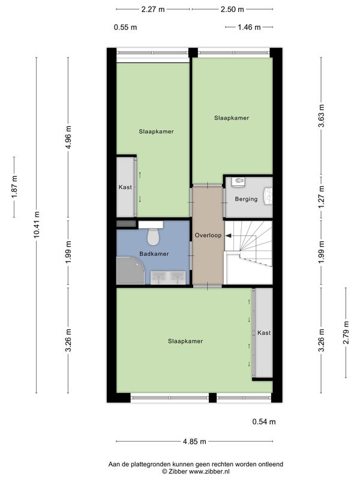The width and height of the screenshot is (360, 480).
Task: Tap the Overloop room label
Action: tap(208, 235)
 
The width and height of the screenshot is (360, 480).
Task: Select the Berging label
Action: tap(246, 199)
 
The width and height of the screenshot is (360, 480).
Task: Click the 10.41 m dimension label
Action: tap(37, 224)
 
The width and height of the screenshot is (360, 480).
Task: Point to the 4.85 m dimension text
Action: tap(194, 442)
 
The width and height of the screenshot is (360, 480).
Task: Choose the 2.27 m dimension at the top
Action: tap(153, 10)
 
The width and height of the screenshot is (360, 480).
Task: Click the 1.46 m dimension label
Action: tap(249, 27)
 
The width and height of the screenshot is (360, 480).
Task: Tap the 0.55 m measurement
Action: tap(125, 27)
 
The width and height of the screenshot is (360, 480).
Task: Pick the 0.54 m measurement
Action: tap(264, 422)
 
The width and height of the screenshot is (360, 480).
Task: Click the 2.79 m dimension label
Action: tap(346, 332)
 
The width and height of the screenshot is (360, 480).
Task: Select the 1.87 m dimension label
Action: tap(14, 187)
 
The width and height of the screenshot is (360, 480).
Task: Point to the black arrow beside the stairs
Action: tap(229, 235)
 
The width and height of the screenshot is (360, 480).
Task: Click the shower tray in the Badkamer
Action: tap(130, 271)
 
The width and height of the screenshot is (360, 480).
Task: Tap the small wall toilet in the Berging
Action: tap(238, 182)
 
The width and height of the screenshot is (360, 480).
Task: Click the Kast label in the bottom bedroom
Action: tap(264, 333)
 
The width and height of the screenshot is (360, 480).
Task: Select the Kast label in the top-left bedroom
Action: tap(125, 187)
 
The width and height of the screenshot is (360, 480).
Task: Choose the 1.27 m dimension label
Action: tap(321, 197)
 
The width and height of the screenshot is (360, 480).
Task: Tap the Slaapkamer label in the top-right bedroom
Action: tap(232, 118)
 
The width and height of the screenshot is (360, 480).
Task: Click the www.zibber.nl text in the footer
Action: tap(209, 472)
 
